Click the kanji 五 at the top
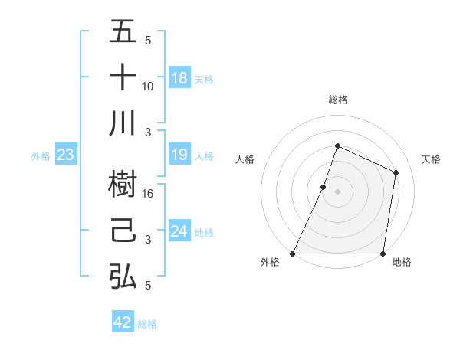click(123, 32)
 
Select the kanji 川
click(123, 123)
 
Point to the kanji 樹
click(123, 184)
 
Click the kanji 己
click(123, 231)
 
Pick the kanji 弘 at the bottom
click(123, 276)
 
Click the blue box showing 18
click(179, 77)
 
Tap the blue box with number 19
click(179, 155)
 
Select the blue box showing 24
click(179, 231)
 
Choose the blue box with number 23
click(66, 155)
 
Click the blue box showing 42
click(123, 322)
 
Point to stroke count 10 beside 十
click(148, 86)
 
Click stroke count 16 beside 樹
click(148, 193)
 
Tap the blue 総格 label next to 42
click(147, 324)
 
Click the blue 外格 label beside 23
click(41, 156)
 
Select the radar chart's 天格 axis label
click(432, 159)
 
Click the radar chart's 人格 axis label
click(245, 159)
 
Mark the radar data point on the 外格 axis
click(293, 254)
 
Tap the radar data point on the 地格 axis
click(383, 254)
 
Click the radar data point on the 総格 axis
click(337, 146)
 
